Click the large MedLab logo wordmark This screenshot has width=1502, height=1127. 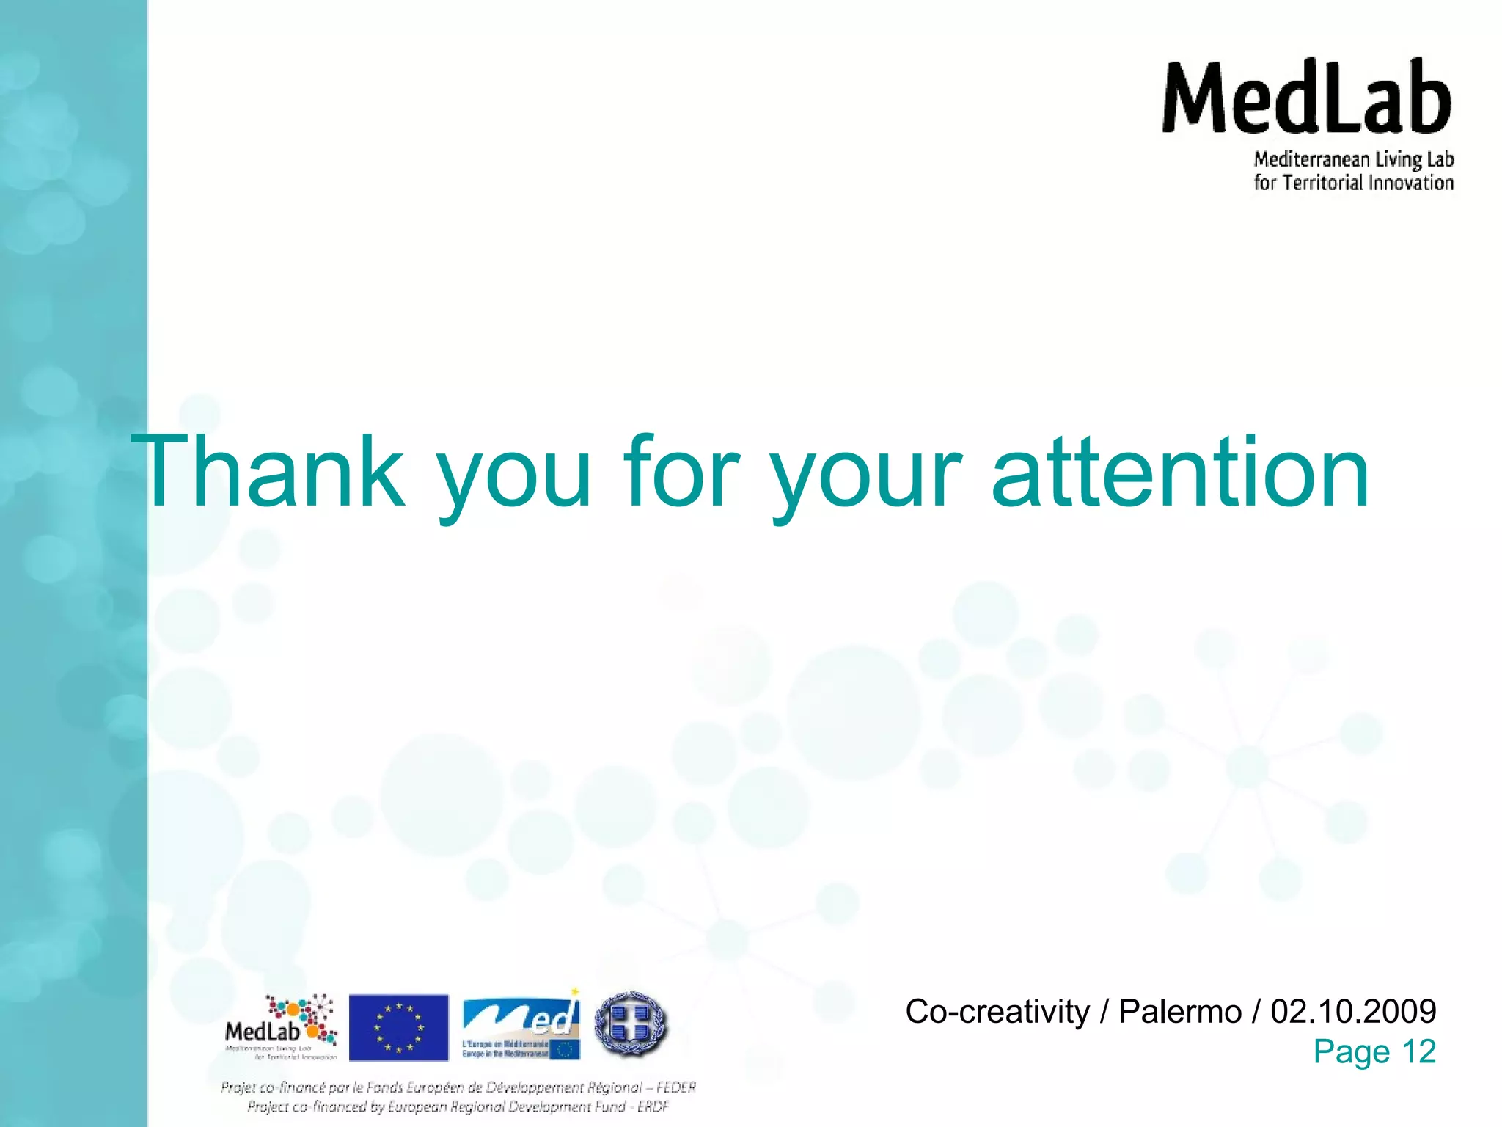click(1306, 97)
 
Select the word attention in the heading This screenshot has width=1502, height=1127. click(1180, 471)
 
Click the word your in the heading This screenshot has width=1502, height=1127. click(866, 477)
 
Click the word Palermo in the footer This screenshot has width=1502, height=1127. click(1180, 1011)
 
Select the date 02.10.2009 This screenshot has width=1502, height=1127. click(1353, 1011)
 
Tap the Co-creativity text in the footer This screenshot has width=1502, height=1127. click(997, 1011)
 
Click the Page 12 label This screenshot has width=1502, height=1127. click(1374, 1051)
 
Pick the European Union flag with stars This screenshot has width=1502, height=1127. click(398, 1027)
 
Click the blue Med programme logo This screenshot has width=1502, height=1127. click(521, 1025)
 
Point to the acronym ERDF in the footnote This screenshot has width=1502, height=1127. click(653, 1106)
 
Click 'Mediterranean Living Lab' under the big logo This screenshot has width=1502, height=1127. click(1353, 159)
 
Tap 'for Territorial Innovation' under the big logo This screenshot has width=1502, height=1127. click(1353, 183)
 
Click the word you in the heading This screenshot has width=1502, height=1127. click(514, 477)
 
